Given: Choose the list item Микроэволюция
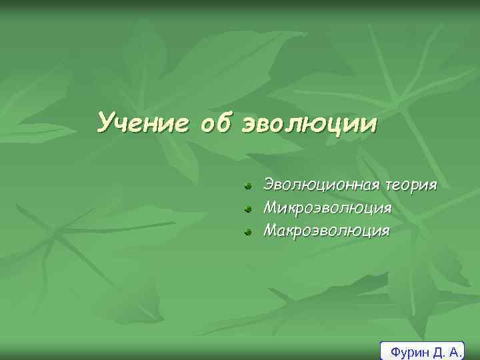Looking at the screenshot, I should click(x=327, y=208).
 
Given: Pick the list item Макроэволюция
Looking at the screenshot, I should click(x=327, y=231).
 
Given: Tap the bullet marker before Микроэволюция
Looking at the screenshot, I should click(x=247, y=209).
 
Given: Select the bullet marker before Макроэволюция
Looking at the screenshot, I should click(x=247, y=232).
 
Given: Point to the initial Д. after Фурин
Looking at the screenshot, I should click(x=437, y=351).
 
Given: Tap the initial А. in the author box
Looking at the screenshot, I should click(x=455, y=351).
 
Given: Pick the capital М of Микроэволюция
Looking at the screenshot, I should click(x=271, y=208).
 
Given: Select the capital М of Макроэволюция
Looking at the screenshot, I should click(x=271, y=231).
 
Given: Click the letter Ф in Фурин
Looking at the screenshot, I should click(x=395, y=351).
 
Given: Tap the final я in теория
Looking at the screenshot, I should click(x=433, y=185).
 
